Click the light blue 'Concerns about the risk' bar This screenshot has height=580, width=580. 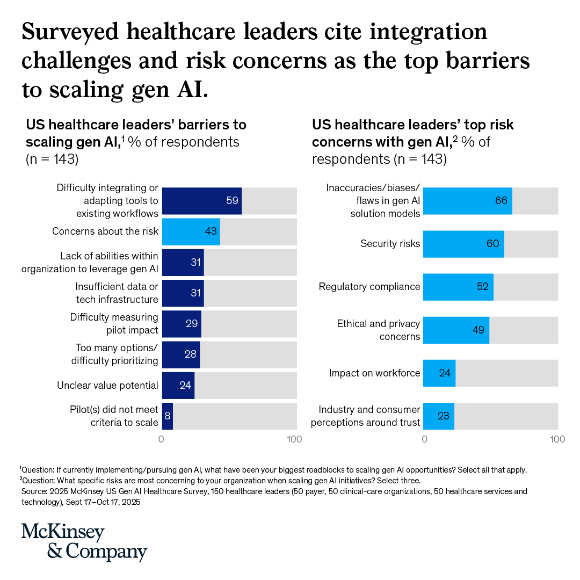tap(191, 231)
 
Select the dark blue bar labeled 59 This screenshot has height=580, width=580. tap(201, 201)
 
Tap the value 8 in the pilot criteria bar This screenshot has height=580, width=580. tap(168, 416)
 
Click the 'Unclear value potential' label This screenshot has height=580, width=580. tap(107, 385)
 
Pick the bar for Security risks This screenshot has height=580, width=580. tap(463, 244)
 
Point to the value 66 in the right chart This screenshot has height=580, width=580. tap(501, 201)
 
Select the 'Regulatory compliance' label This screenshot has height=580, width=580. tap(369, 287)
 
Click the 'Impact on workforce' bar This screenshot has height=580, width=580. tap(439, 373)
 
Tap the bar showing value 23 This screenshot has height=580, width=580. tap(439, 416)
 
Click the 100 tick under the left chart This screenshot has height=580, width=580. tap(294, 439)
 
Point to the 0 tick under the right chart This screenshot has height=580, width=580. tap(425, 439)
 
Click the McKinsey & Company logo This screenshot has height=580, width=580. tap(84, 542)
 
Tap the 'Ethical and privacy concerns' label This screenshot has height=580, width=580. tap(378, 330)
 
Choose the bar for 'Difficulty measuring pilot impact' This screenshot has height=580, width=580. tap(181, 324)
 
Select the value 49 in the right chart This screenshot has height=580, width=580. tap(479, 330)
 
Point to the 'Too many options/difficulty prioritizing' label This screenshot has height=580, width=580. tap(114, 354)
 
